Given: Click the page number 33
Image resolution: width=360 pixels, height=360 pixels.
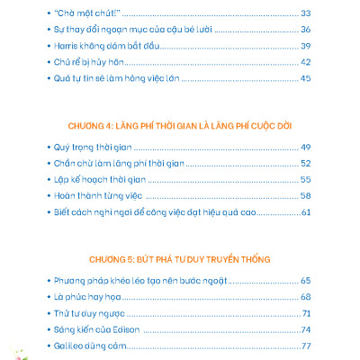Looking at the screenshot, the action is pyautogui.click(x=305, y=14).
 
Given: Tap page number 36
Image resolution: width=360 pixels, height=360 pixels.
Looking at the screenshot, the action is pyautogui.click(x=305, y=31).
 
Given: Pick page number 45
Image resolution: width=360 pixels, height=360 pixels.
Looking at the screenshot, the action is pyautogui.click(x=305, y=79).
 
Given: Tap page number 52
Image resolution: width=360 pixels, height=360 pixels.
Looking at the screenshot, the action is pyautogui.click(x=305, y=164).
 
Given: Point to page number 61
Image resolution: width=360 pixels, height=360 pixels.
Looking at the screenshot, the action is pyautogui.click(x=305, y=212).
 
